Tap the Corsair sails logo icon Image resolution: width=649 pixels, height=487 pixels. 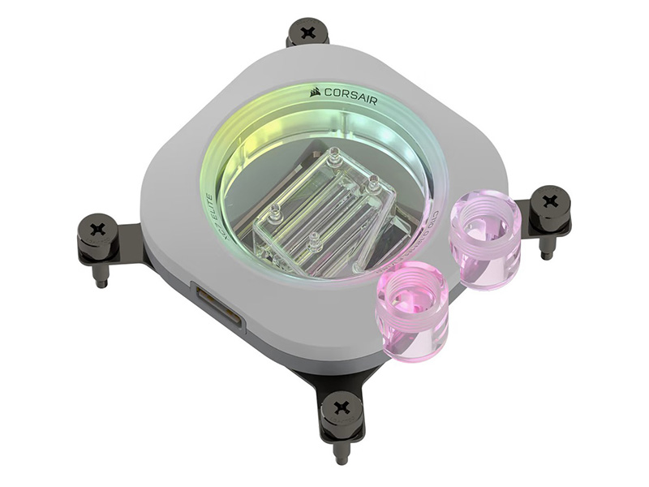[316, 92]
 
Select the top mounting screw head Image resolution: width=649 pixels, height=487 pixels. [307, 33]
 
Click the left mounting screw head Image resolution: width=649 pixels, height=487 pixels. [98, 230]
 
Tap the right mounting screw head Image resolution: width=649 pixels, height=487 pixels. [550, 200]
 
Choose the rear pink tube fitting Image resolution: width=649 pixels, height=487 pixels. [485, 239]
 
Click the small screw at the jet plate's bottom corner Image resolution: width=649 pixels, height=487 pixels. [314, 241]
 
